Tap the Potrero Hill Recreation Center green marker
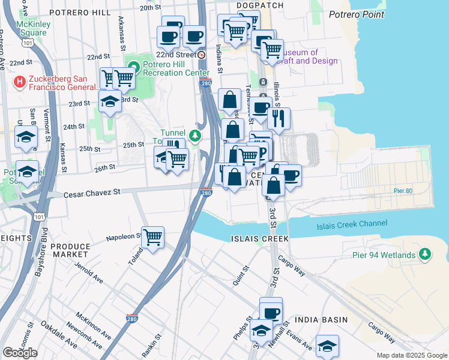pos(133,67)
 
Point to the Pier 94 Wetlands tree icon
pos(425,254)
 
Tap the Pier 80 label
pos(403,191)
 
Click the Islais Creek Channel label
pos(351,224)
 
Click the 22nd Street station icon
pos(202,55)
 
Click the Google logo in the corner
pos(20,352)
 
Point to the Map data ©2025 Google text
pos(411,355)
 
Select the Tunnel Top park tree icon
pos(194,136)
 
